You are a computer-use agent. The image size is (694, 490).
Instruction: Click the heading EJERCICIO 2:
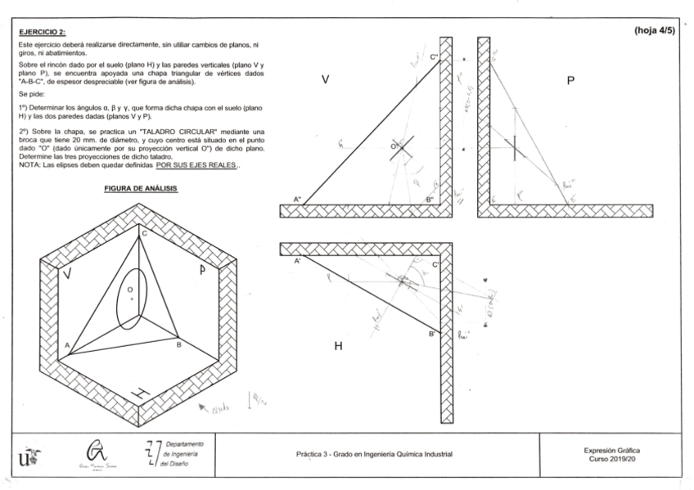click(x=42, y=31)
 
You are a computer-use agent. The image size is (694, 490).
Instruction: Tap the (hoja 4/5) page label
click(x=654, y=30)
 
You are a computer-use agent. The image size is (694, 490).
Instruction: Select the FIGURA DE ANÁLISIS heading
click(x=141, y=188)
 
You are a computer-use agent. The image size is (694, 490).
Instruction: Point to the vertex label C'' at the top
click(x=435, y=56)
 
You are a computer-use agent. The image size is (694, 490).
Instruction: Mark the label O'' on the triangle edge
click(x=394, y=146)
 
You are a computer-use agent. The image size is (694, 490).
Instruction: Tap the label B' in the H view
click(x=433, y=335)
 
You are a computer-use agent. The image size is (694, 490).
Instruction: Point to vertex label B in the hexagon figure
click(x=178, y=345)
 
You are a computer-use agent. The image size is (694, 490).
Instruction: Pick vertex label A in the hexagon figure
click(x=67, y=345)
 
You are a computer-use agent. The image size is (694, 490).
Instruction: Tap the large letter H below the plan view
click(x=338, y=347)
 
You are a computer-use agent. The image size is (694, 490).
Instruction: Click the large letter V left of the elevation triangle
click(x=325, y=79)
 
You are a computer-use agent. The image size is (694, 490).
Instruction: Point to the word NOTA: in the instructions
click(x=30, y=166)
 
